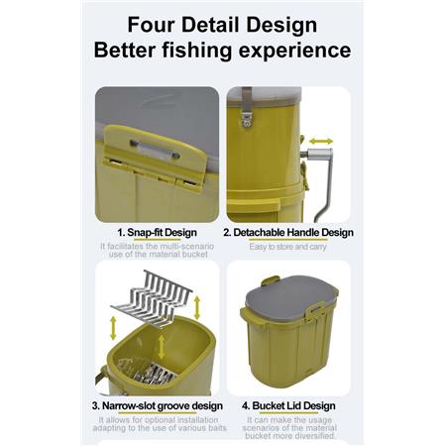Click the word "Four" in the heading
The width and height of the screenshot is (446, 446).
click(x=152, y=25)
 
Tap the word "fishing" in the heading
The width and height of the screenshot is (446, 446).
click(x=197, y=51)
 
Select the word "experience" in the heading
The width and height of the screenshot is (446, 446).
click(x=294, y=51)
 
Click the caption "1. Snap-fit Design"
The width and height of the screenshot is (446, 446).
click(x=157, y=233)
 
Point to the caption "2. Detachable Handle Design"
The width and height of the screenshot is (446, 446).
click(x=288, y=233)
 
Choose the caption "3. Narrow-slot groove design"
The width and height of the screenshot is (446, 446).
click(x=158, y=405)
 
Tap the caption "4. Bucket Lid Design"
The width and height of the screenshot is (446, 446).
click(x=288, y=405)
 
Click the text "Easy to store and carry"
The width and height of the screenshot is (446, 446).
click(x=287, y=247)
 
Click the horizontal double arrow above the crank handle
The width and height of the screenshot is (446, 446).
click(x=321, y=142)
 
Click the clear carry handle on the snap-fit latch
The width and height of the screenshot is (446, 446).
click(x=156, y=150)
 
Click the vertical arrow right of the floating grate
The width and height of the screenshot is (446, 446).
click(x=197, y=307)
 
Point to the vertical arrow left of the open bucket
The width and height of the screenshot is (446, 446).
click(x=113, y=328)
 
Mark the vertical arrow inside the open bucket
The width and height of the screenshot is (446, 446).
click(x=162, y=347)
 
